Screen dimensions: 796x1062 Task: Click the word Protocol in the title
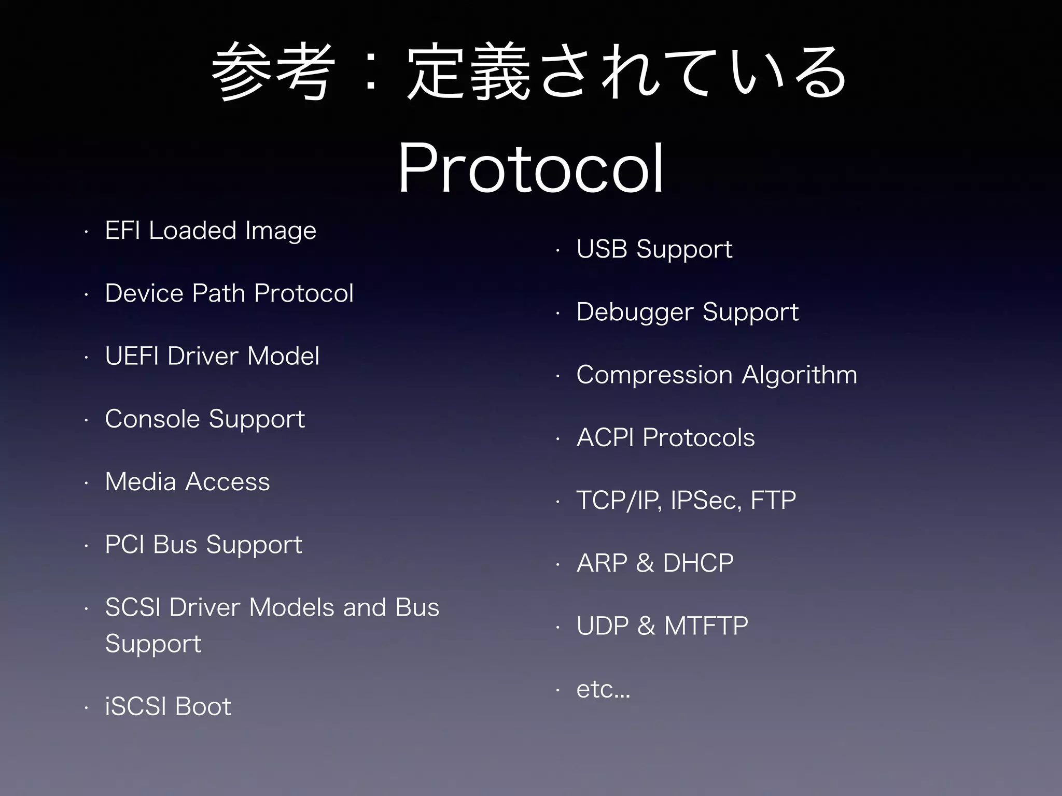click(530, 168)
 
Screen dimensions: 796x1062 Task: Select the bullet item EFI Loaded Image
click(211, 231)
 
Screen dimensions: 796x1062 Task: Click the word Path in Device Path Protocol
click(218, 293)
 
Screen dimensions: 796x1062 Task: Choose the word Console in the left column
click(152, 419)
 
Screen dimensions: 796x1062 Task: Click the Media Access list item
click(187, 482)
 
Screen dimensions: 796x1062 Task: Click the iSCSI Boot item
click(167, 706)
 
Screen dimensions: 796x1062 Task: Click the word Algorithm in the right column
click(800, 375)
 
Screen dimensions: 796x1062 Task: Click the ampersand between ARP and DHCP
click(645, 563)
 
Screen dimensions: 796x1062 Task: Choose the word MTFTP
click(706, 626)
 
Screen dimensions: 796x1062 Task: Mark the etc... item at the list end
click(603, 689)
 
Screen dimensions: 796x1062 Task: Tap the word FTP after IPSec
click(773, 501)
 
